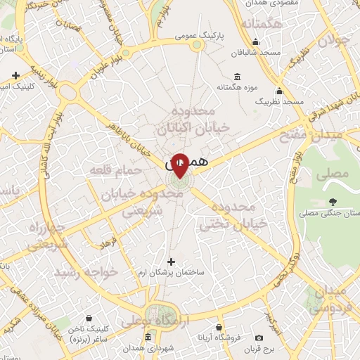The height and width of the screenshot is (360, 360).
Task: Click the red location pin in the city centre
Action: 180,165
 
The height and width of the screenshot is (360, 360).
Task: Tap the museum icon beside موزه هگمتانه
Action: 236,76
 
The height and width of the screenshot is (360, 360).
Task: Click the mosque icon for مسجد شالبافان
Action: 257,41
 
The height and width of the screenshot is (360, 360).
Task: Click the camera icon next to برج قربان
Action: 259,338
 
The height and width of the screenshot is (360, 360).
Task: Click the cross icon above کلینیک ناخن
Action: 88,319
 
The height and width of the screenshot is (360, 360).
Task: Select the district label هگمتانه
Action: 262,25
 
